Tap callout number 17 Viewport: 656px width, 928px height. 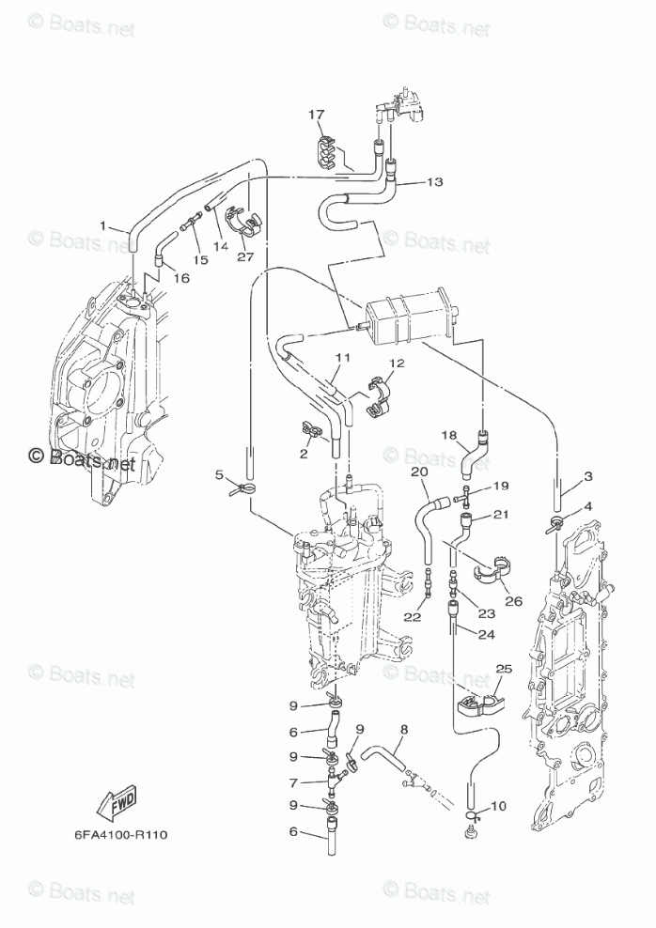[316, 115]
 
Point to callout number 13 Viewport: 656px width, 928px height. [434, 181]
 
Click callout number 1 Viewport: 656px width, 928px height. [103, 225]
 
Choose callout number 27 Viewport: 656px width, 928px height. [244, 256]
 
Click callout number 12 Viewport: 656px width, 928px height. [397, 363]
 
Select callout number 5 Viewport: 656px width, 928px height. [219, 475]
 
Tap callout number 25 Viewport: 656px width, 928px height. [504, 670]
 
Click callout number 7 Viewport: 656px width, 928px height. [293, 782]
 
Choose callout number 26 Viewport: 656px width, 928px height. [513, 601]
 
